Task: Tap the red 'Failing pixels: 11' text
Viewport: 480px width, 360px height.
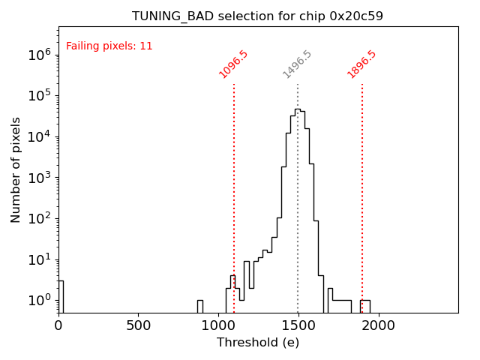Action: click(109, 46)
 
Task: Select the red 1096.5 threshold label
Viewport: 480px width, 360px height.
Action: click(233, 64)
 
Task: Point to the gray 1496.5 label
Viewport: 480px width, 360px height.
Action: click(297, 64)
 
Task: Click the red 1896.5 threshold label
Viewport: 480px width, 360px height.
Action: click(361, 64)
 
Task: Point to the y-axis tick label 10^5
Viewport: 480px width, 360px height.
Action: click(40, 95)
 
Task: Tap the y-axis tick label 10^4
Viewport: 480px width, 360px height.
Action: click(40, 136)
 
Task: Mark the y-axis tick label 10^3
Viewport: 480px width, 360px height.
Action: click(40, 178)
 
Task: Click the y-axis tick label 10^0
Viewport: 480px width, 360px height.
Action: click(40, 301)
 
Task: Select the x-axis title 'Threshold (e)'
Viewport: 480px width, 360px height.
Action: click(258, 343)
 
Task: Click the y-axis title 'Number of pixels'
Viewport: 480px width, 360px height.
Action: click(16, 169)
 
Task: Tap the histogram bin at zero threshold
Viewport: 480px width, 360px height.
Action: click(61, 296)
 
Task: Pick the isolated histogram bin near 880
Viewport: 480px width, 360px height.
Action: click(200, 306)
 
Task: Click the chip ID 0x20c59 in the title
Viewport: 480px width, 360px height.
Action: click(356, 16)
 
